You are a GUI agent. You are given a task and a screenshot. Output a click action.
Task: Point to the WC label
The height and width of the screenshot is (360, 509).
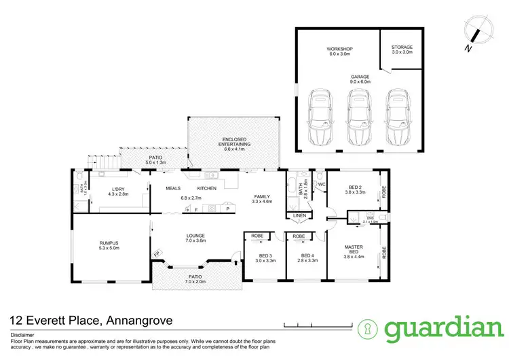click(x=322, y=183)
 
